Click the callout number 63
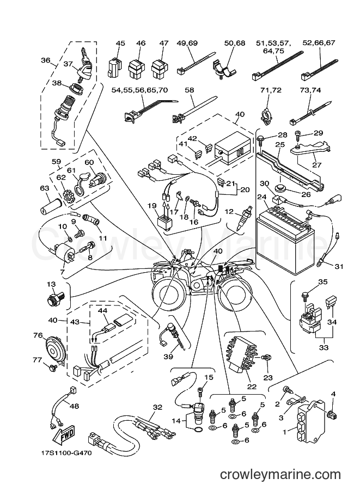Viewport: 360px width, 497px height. (45, 188)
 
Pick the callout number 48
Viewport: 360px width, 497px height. (75, 406)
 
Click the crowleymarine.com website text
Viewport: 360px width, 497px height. (280, 475)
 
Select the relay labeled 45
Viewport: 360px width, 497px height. (114, 67)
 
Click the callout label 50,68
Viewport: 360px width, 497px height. (234, 43)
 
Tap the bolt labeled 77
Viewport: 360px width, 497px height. (53, 367)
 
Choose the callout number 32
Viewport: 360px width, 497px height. (157, 407)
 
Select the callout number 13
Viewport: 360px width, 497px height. (51, 284)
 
